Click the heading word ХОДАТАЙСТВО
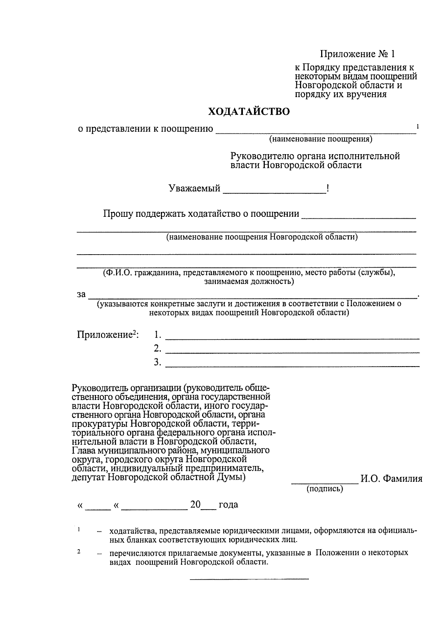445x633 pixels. [248, 112]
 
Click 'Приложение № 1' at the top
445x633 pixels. [357, 54]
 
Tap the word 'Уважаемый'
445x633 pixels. [194, 189]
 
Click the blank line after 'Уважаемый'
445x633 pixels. [274, 191]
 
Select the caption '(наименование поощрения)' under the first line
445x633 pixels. [320, 139]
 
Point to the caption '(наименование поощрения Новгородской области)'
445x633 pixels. [261, 237]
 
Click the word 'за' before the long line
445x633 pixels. [81, 295]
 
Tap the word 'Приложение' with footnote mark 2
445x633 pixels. [105, 335]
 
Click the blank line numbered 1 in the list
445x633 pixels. [292, 337]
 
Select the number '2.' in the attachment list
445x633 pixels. [158, 349]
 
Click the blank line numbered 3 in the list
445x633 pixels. [292, 365]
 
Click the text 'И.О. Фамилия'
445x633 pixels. [391, 479]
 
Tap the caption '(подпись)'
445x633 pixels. [324, 489]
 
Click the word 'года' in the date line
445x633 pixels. [228, 505]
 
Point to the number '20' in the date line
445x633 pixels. [195, 505]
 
